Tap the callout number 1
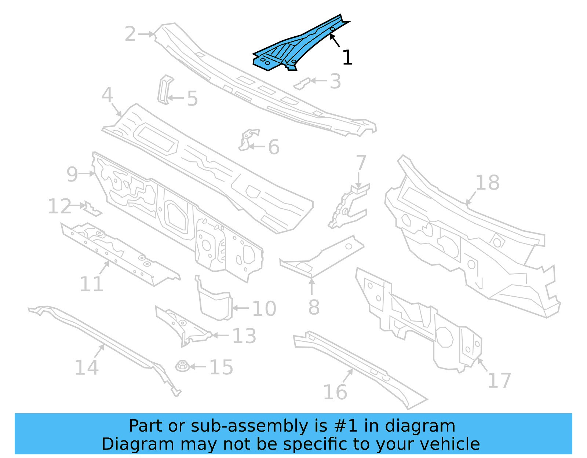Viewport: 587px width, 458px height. tap(347, 58)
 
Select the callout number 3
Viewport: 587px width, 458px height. tap(335, 81)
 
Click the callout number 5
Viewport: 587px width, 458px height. tap(192, 99)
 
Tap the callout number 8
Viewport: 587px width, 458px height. tap(314, 307)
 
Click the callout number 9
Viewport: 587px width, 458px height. tap(72, 174)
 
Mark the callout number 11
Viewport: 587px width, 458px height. tap(91, 284)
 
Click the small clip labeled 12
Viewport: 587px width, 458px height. tap(92, 209)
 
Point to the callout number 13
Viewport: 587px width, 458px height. tap(244, 336)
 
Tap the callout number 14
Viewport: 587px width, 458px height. tap(87, 367)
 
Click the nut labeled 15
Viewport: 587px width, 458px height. tap(182, 366)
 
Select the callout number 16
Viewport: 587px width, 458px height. tap(335, 392)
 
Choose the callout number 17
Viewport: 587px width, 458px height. tap(499, 381)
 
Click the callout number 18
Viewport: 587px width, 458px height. tap(488, 183)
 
